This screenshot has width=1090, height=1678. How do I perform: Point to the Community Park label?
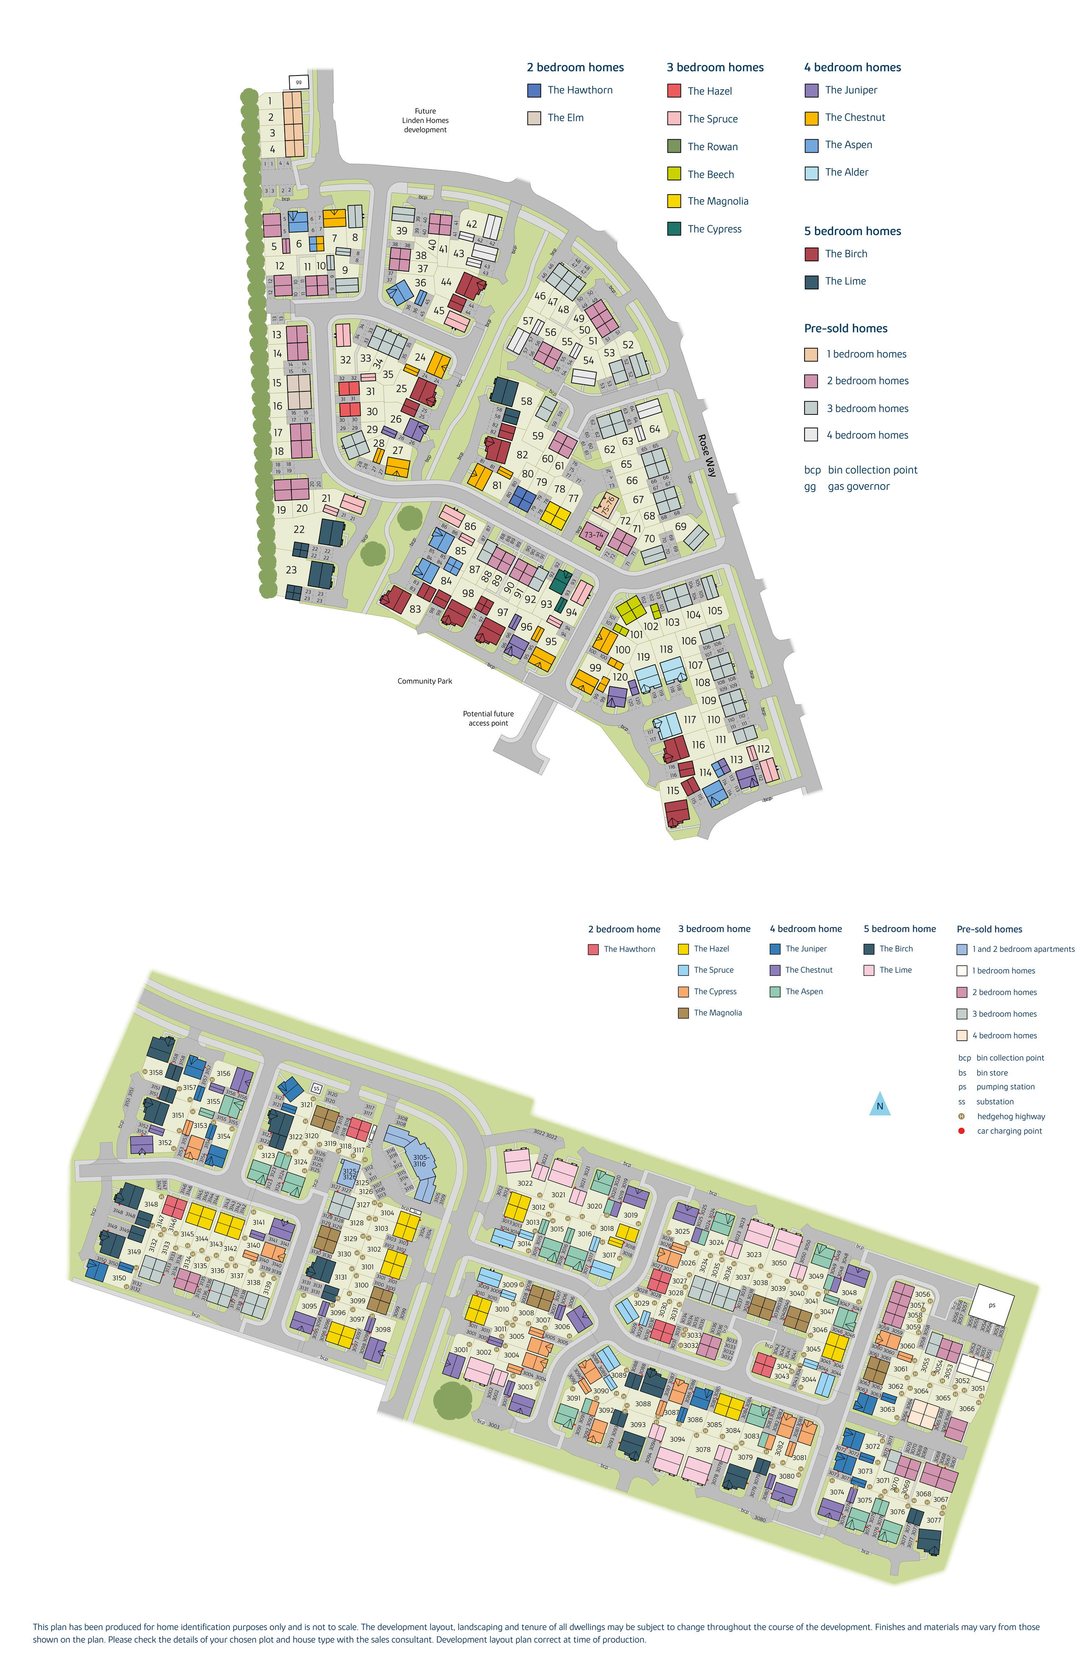pos(424,681)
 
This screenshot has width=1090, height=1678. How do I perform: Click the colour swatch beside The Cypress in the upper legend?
pos(674,229)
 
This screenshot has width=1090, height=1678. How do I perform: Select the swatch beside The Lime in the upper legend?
pos(812,281)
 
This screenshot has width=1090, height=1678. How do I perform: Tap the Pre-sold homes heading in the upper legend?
pos(846,328)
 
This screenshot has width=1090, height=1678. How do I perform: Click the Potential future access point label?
pos(488,718)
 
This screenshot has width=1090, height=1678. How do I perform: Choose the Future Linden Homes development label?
pos(425,120)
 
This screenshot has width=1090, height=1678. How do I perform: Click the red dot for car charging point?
pos(961,1131)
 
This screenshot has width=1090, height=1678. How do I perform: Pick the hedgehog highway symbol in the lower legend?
pos(961,1116)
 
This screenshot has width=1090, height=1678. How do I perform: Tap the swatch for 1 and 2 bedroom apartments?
pos(962,950)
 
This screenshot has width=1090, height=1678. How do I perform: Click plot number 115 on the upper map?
pos(673,790)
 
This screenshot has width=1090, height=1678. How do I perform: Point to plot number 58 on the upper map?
pos(526,401)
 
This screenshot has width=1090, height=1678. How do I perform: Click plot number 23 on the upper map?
pos(291,570)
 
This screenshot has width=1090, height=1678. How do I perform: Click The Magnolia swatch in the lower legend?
pos(683,1013)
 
